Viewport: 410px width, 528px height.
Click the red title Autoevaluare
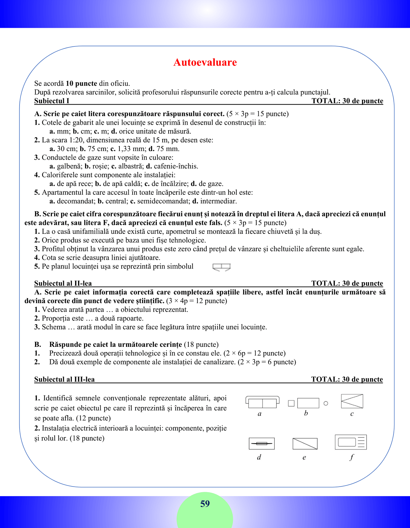[x=205, y=62]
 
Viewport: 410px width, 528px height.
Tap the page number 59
[x=205, y=504]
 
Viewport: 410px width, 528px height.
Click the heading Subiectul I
[x=52, y=101]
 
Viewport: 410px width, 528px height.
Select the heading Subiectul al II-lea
[x=63, y=283]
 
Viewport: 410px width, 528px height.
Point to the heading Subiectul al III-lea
[x=64, y=379]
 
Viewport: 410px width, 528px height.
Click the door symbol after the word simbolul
[x=221, y=267]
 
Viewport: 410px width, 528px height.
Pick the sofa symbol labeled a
[x=262, y=402]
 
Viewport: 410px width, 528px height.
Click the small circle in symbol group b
[x=326, y=403]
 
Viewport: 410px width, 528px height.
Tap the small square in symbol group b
[x=291, y=403]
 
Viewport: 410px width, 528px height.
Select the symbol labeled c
[x=352, y=401]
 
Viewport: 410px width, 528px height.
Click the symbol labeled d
[x=262, y=444]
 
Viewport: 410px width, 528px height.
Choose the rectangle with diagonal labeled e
[x=305, y=444]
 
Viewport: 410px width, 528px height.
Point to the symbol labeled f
[x=351, y=442]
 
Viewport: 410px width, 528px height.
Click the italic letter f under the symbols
[x=351, y=457]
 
